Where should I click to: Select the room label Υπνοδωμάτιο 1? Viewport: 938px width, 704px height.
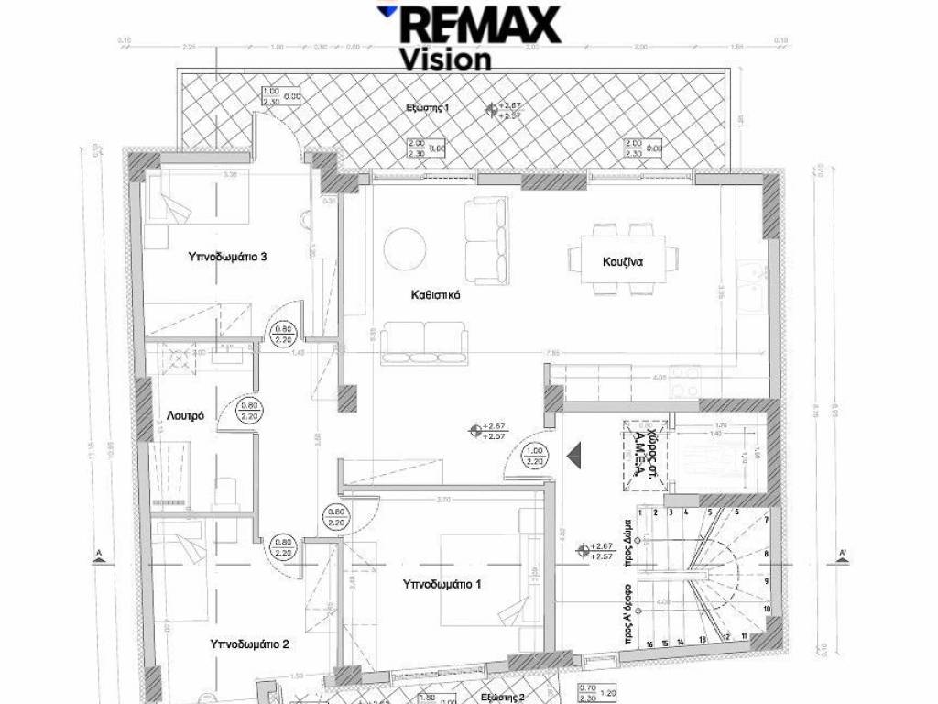pos(442,583)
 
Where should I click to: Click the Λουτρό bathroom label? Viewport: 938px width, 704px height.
pos(185,415)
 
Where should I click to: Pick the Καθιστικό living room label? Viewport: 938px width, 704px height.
pos(434,296)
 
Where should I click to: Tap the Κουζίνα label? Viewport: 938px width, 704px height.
pos(623,261)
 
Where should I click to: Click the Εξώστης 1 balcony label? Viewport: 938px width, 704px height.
pos(428,108)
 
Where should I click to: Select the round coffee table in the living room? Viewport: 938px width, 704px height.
pos(404,247)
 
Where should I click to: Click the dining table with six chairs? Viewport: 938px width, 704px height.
pos(612,261)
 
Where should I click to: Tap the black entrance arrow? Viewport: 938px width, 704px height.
pos(575,453)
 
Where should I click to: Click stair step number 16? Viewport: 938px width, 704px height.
pos(649,644)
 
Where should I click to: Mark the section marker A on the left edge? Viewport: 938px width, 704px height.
pos(97,553)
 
